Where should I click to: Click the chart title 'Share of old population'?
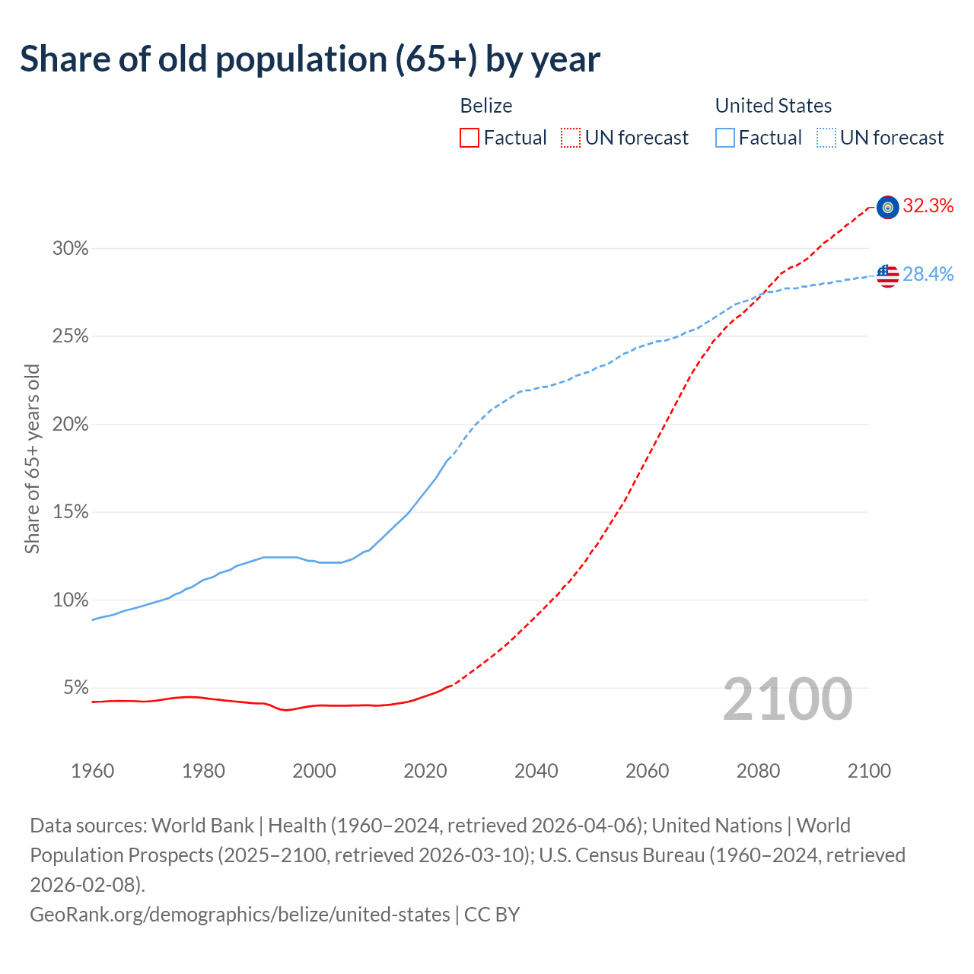click(x=310, y=59)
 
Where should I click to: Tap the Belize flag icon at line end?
click(x=887, y=207)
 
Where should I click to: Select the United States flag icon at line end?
click(x=887, y=275)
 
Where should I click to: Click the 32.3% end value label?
click(x=928, y=205)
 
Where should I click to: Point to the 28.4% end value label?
click(x=928, y=274)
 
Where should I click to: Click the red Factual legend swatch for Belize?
click(x=469, y=138)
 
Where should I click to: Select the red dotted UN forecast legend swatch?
click(x=571, y=138)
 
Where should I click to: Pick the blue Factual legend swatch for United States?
click(x=725, y=138)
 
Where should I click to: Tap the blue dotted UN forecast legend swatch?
click(x=826, y=138)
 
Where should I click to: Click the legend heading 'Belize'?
click(x=486, y=106)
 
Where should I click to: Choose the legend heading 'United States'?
click(x=773, y=106)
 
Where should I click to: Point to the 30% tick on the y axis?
click(x=70, y=249)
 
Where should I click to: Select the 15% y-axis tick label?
click(x=70, y=512)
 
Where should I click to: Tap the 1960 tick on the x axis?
click(x=93, y=771)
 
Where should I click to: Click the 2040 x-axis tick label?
click(x=536, y=771)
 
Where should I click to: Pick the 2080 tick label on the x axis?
click(x=759, y=771)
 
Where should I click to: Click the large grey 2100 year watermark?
click(x=787, y=699)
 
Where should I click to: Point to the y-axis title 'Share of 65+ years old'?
click(x=32, y=459)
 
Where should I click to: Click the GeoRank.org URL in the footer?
click(x=240, y=914)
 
